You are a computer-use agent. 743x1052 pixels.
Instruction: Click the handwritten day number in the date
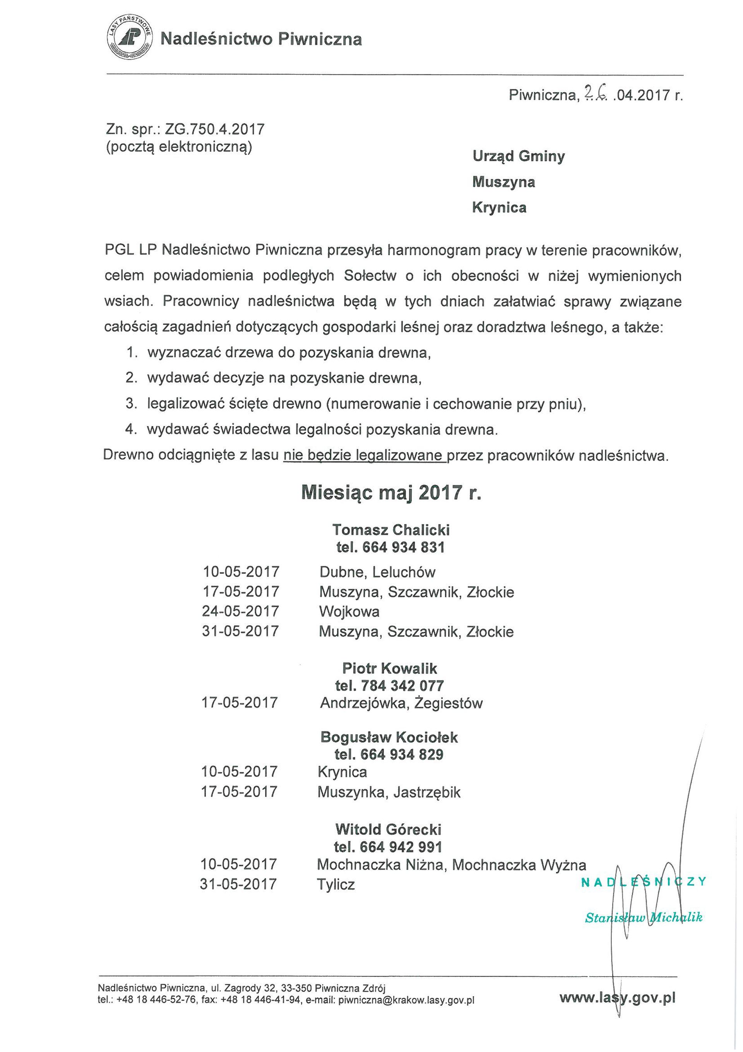click(594, 94)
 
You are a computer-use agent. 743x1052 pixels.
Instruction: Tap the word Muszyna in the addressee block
click(503, 182)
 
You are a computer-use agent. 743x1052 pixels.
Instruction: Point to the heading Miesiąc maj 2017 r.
click(391, 493)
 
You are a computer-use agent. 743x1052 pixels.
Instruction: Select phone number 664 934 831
click(403, 547)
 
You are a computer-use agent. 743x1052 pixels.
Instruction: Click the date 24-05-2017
click(241, 611)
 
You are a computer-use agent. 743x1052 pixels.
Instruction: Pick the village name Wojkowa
click(349, 611)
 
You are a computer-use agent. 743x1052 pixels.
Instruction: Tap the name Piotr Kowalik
click(390, 668)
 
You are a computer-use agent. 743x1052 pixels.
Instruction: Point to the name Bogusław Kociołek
click(389, 737)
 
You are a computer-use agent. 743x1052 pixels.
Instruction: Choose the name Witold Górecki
click(388, 829)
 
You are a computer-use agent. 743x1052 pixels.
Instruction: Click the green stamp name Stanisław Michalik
click(644, 917)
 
